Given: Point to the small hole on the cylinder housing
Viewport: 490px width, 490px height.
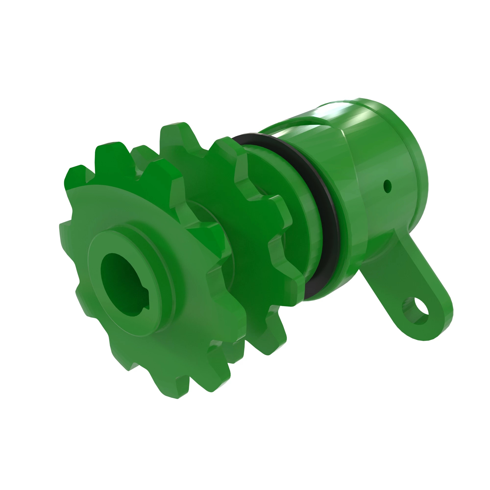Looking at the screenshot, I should (x=387, y=186).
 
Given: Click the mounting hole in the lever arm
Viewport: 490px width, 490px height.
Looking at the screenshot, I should (x=416, y=311).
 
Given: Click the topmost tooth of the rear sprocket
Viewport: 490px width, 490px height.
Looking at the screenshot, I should (x=175, y=135).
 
